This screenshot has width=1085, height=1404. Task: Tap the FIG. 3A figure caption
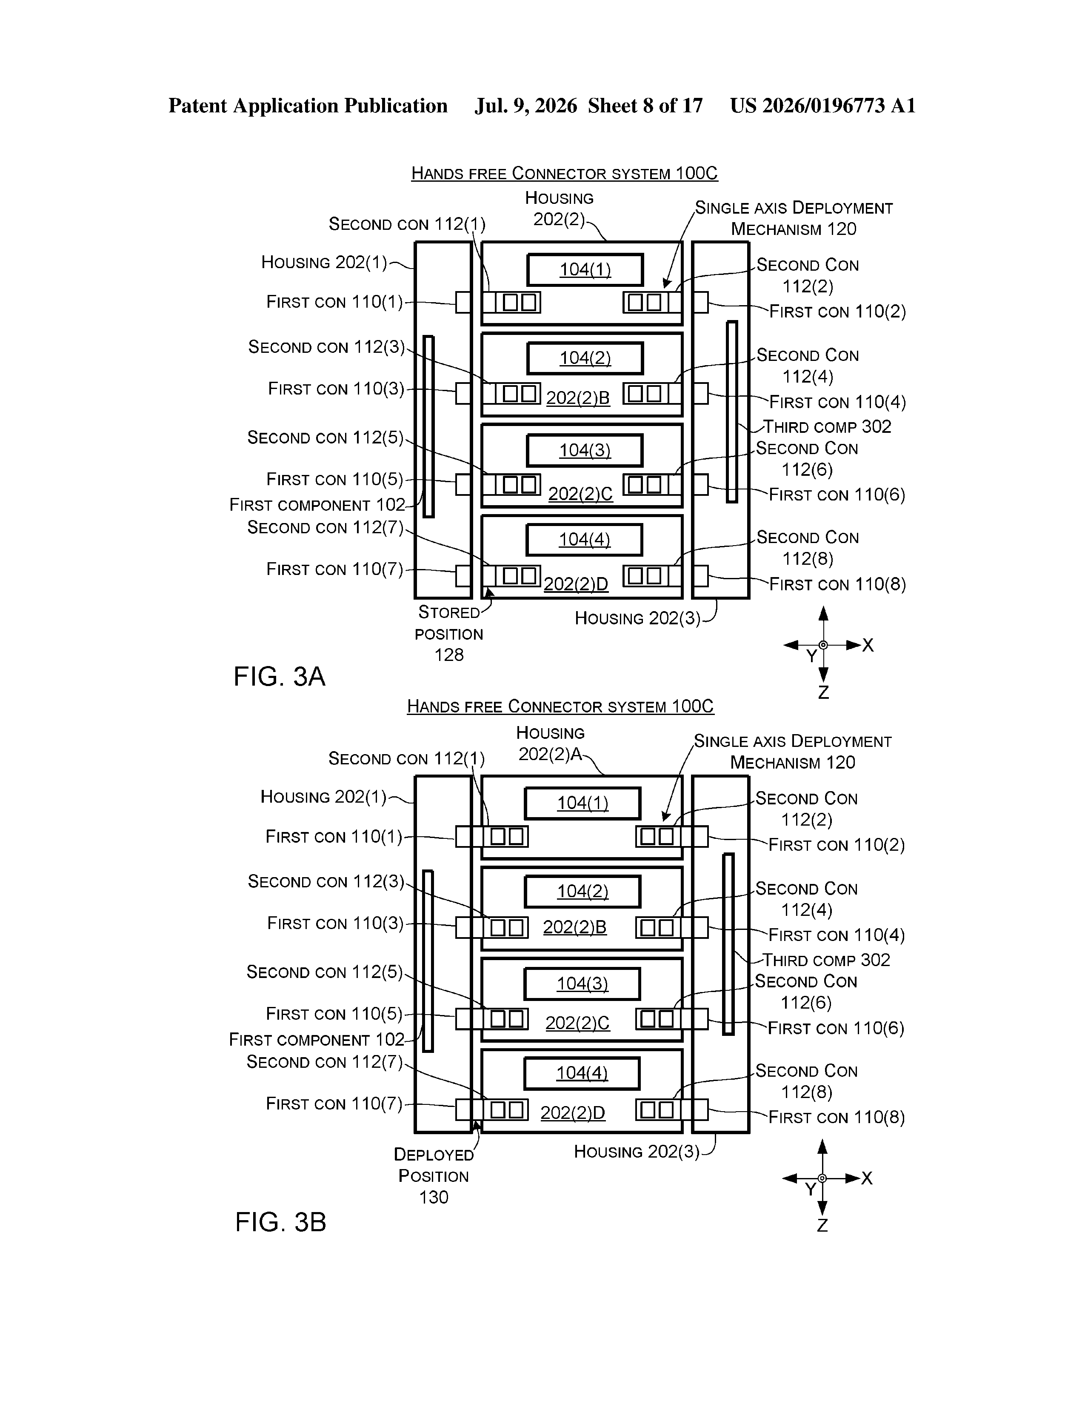[280, 676]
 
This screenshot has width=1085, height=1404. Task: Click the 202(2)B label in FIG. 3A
[578, 398]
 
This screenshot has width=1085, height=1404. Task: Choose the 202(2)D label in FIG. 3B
[573, 1113]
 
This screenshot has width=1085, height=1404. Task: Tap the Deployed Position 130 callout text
[434, 1176]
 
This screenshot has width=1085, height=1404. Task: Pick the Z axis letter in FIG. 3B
[822, 1225]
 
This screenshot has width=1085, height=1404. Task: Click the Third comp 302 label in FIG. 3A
[827, 427]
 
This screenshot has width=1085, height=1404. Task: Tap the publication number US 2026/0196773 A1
[823, 106]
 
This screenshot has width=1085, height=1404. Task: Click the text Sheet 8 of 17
[645, 106]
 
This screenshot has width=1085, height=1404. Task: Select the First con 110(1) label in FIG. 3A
[335, 302]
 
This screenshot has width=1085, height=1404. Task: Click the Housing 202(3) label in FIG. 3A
[638, 618]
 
